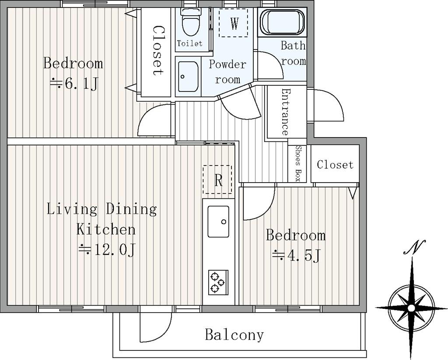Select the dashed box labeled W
(233, 23)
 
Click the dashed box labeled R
(217, 180)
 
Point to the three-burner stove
(218, 282)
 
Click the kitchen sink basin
(218, 221)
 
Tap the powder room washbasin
(188, 76)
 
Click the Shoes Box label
(297, 163)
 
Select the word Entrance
(285, 112)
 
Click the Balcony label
(234, 335)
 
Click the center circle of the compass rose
(411, 308)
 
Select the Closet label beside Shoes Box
(335, 164)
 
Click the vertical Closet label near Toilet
(157, 51)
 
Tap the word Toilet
(189, 43)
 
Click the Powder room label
(227, 71)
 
